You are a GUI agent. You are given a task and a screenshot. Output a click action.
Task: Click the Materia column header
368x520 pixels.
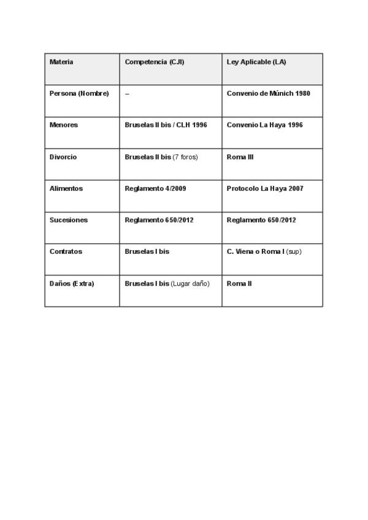pos(61,62)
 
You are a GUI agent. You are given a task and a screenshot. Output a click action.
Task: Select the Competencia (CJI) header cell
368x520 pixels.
pos(155,62)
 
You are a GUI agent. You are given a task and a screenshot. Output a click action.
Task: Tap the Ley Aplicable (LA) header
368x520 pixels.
pos(256,62)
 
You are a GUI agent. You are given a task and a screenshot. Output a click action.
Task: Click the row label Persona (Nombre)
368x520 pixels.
pos(79,93)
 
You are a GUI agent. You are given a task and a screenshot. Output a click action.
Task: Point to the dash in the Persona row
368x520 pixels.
pos(127,94)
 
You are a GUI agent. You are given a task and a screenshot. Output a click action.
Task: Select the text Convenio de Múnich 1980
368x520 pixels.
pos(269,93)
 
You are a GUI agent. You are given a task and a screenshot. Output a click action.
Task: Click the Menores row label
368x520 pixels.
pos(64,125)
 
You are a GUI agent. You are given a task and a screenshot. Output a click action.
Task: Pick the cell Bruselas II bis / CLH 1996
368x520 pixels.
pos(166,125)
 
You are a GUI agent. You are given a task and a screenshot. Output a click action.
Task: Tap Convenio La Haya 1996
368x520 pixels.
pos(265,125)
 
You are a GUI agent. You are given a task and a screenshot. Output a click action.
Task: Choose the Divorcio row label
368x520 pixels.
pos(63,157)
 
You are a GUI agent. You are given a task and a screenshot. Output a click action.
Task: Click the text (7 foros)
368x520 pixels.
pos(185,157)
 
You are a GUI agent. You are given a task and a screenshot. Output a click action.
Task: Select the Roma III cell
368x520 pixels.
pos(240,157)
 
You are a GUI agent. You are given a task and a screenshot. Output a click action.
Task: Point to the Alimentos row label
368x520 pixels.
pos(66,188)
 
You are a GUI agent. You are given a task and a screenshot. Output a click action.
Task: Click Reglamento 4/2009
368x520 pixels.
pos(155,188)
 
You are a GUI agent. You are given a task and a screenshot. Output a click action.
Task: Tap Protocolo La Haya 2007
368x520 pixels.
pos(265,188)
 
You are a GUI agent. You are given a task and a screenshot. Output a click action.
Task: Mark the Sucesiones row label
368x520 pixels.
pos(69,220)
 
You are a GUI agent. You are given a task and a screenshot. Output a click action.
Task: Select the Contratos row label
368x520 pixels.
pos(66,251)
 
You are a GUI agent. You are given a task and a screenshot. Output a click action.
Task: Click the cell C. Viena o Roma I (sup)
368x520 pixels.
pos(264,251)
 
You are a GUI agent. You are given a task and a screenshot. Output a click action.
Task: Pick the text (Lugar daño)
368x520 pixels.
pos(191,283)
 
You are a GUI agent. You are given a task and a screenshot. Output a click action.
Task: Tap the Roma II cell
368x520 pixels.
pos(239,283)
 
